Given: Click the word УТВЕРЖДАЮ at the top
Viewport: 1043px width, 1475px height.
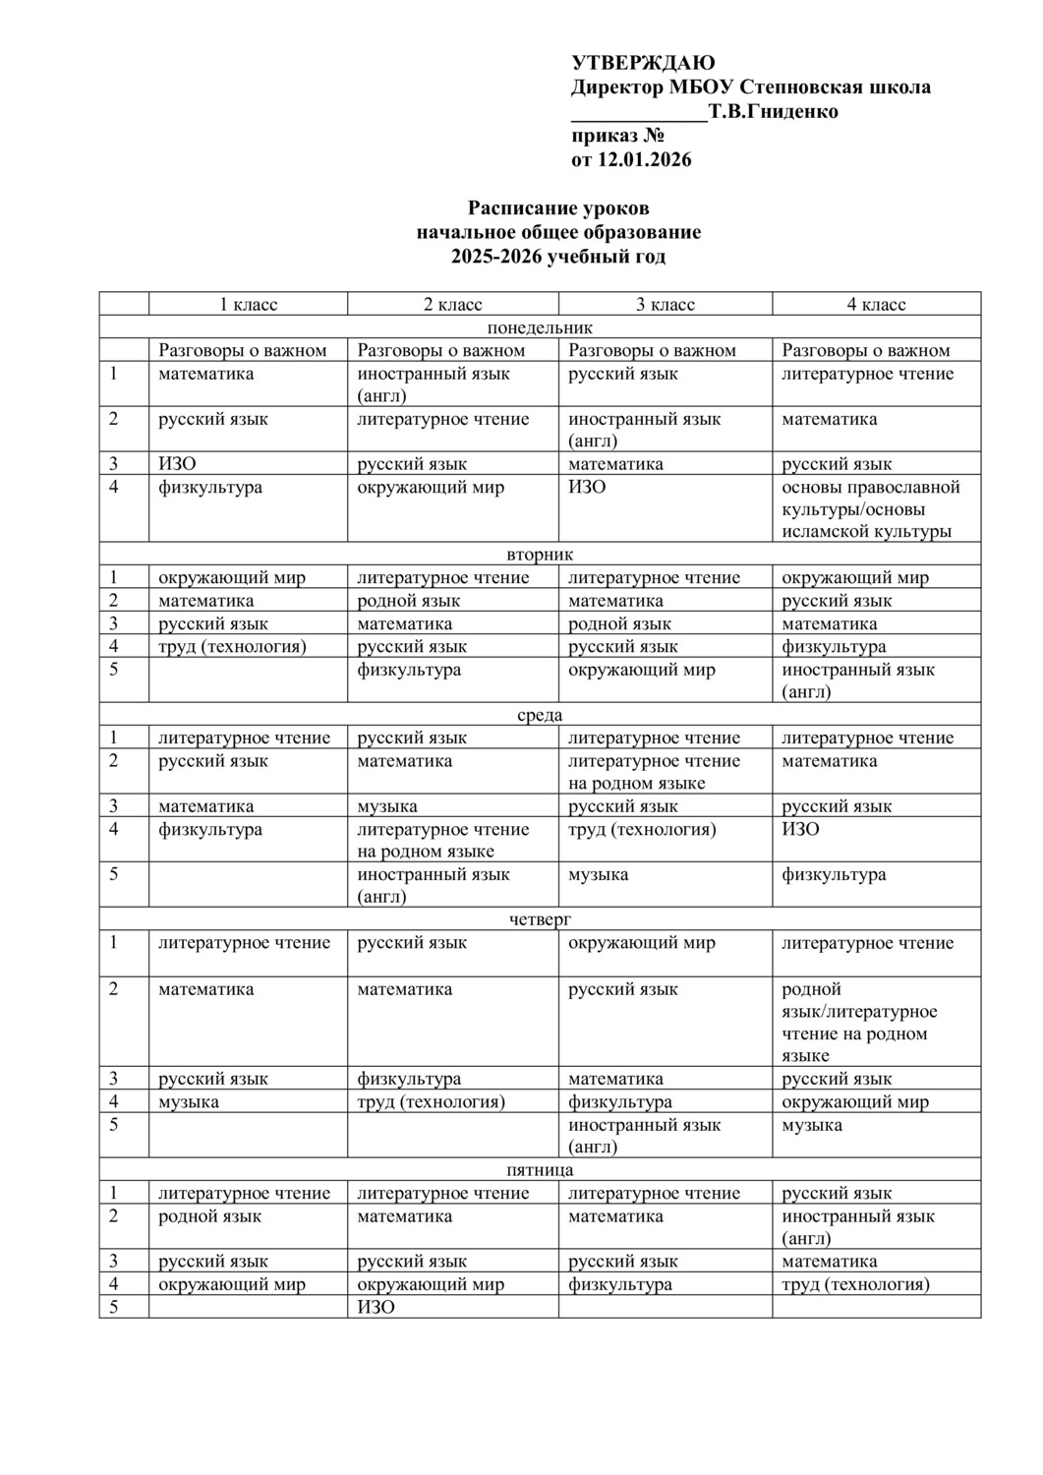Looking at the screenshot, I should pyautogui.click(x=643, y=64).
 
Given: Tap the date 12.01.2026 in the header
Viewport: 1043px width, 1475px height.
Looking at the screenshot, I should pyautogui.click(x=645, y=159).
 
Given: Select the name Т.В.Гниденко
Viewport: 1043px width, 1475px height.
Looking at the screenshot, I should pyautogui.click(x=774, y=111).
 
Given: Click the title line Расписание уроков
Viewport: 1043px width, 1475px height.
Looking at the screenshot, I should pyautogui.click(x=558, y=208).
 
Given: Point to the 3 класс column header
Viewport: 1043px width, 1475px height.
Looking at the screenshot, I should pyautogui.click(x=666, y=305).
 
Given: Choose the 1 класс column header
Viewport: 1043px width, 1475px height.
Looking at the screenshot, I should pyautogui.click(x=248, y=305).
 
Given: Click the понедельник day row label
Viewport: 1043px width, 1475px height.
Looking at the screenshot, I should pyautogui.click(x=540, y=327).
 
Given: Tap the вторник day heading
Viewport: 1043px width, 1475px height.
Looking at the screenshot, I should pyautogui.click(x=540, y=555).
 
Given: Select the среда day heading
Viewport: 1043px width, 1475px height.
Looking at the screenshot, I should pyautogui.click(x=540, y=715).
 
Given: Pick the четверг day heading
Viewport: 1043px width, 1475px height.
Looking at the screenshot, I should pyautogui.click(x=540, y=919).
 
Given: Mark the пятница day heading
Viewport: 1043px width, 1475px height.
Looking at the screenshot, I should pyautogui.click(x=540, y=1170).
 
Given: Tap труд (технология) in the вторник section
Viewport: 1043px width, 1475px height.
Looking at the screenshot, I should pyautogui.click(x=233, y=647).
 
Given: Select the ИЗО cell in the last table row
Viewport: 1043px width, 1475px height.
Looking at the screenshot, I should pyautogui.click(x=376, y=1307).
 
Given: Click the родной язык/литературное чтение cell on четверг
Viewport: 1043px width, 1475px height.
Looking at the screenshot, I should pyautogui.click(x=858, y=1022).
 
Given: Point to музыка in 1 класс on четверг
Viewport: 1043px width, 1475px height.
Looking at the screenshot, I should pyautogui.click(x=189, y=1101).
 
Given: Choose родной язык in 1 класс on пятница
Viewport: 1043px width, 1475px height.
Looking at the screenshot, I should pyautogui.click(x=210, y=1216).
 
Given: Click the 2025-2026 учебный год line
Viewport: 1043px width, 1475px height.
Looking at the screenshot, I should pyautogui.click(x=558, y=257).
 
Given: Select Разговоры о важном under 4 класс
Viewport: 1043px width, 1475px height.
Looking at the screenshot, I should pyautogui.click(x=866, y=350).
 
